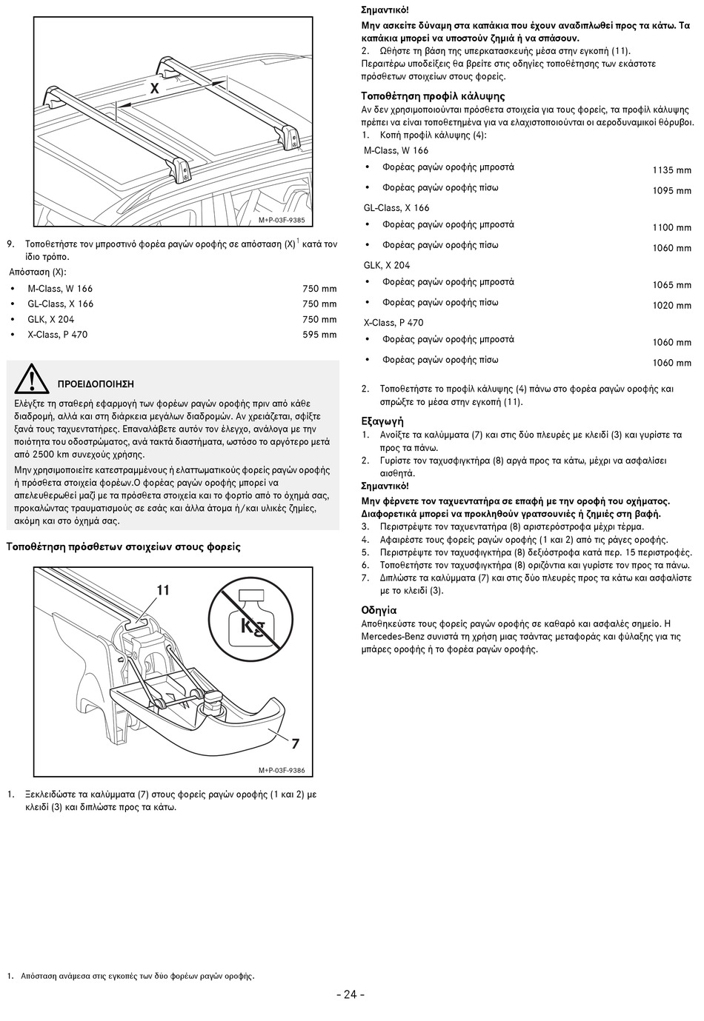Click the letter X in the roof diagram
click(x=155, y=88)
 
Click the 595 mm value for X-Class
click(x=319, y=335)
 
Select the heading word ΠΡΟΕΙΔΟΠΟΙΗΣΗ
click(x=96, y=384)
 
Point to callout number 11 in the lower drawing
click(x=163, y=590)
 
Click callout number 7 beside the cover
click(x=295, y=743)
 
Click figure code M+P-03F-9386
click(x=281, y=771)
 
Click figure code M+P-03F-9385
click(x=281, y=221)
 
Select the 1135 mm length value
click(x=671, y=170)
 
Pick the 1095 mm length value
click(x=671, y=191)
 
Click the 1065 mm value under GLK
click(x=671, y=285)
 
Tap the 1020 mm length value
click(x=671, y=306)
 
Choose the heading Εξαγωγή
click(x=382, y=421)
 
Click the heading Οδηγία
click(x=379, y=610)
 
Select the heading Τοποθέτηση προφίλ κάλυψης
click(x=433, y=96)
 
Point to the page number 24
click(x=351, y=994)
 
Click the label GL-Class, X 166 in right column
click(x=396, y=208)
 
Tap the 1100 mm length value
click(x=671, y=228)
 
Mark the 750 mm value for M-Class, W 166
click(x=319, y=289)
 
